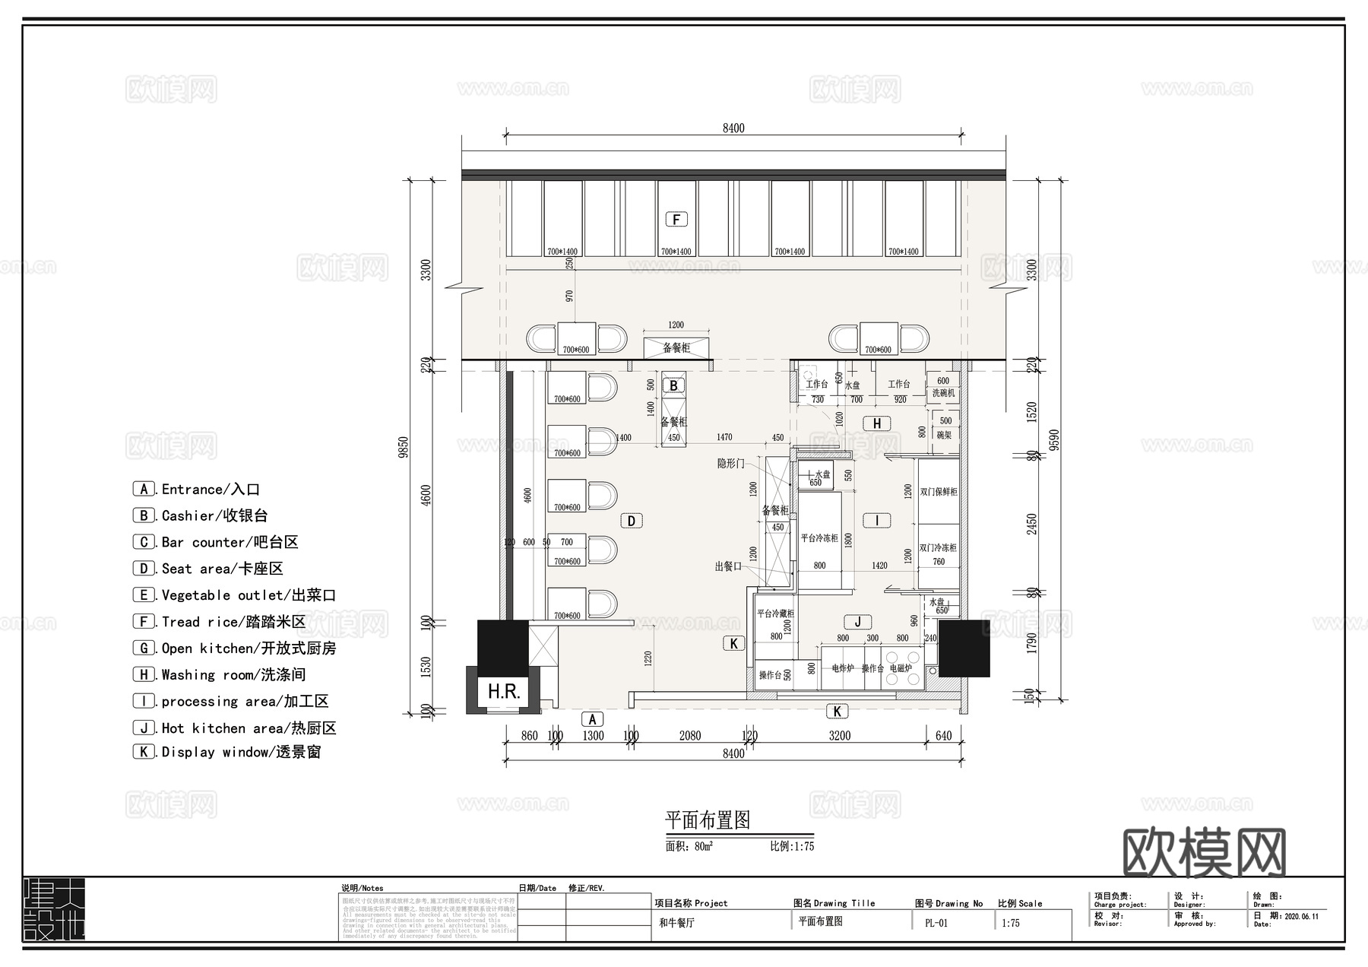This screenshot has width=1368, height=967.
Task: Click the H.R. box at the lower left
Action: tap(504, 691)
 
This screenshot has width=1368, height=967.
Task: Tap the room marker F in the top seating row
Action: tap(676, 220)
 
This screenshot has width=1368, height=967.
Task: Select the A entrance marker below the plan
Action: tap(592, 719)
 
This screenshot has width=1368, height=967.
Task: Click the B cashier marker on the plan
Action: tap(673, 385)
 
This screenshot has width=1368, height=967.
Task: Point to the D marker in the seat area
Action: tap(632, 521)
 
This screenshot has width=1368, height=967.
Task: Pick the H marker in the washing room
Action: tap(877, 423)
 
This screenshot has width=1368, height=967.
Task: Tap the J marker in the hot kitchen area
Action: tap(857, 622)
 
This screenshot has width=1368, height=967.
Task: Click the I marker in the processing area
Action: tap(877, 521)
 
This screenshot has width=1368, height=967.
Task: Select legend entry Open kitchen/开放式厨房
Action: tap(236, 648)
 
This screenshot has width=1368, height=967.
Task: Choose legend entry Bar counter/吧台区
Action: tap(217, 542)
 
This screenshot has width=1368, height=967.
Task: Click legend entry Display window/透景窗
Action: tap(228, 752)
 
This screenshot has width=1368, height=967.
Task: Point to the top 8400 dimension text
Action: tap(733, 128)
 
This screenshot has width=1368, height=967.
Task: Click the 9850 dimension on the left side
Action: tap(404, 446)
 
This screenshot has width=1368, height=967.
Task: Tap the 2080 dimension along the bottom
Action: tap(690, 735)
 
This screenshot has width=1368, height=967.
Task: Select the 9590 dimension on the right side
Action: tap(1054, 439)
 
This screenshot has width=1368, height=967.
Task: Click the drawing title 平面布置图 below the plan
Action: tap(708, 820)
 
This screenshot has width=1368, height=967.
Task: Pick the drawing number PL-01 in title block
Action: tap(936, 923)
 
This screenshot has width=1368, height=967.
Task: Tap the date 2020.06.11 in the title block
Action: tap(1301, 916)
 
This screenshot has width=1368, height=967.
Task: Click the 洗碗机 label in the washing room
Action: tap(943, 393)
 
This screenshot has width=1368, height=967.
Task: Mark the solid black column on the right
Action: tap(964, 648)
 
